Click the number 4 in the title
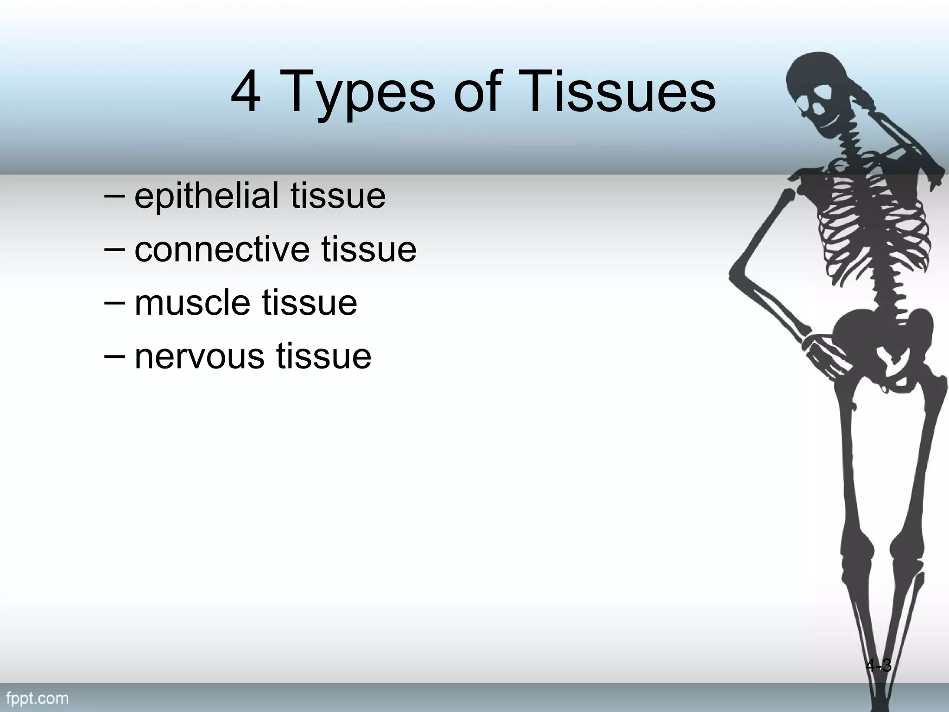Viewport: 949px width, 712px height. coord(246,92)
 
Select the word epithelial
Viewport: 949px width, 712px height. coord(207,196)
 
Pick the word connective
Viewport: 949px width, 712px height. coord(222,249)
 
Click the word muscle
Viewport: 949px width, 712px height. coord(193,303)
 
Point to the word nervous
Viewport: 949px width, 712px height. coord(200,356)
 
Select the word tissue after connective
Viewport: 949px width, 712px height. coord(369,249)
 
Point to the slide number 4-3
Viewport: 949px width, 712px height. coord(878,666)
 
